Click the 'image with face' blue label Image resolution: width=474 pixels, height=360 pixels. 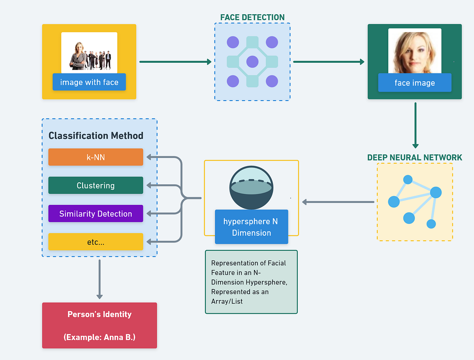(x=89, y=82)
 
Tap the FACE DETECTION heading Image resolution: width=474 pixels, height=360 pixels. (x=252, y=17)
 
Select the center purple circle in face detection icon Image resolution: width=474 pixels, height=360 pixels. (x=252, y=62)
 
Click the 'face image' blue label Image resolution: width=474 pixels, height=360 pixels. (x=415, y=83)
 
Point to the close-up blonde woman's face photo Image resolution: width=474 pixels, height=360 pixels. (x=415, y=51)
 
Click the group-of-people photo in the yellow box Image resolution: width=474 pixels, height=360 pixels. (x=89, y=53)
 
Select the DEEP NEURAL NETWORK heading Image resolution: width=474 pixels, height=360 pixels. (x=415, y=157)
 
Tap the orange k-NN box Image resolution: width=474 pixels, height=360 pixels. (x=96, y=157)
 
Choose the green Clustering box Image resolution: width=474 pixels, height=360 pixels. (x=96, y=186)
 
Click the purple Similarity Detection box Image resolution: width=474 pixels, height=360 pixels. (x=96, y=214)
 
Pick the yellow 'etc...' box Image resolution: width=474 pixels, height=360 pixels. (x=96, y=242)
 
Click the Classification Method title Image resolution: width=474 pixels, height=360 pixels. (x=96, y=136)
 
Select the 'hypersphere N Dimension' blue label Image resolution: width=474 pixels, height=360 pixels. (x=252, y=227)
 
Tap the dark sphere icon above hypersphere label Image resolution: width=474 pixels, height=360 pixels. (x=252, y=188)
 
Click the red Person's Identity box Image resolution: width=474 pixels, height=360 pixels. (x=100, y=325)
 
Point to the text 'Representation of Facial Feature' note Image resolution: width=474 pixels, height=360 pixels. (x=251, y=282)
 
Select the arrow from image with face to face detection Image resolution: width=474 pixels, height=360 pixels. (x=176, y=62)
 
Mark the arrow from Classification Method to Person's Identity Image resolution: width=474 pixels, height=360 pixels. (x=100, y=279)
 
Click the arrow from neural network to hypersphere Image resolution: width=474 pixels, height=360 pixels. (x=338, y=202)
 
